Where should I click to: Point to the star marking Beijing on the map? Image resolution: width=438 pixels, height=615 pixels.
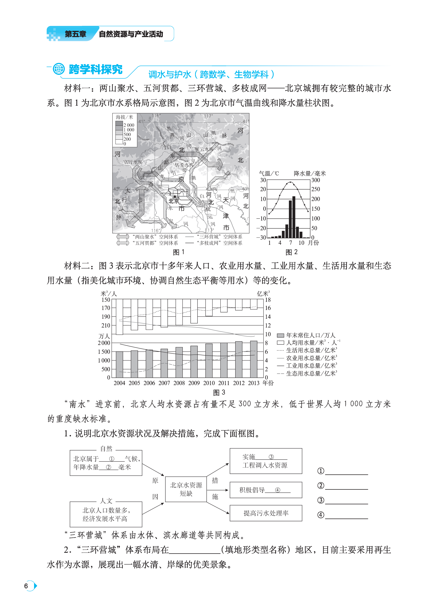[x=175, y=196]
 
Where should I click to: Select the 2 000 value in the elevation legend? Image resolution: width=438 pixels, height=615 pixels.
[x=129, y=125]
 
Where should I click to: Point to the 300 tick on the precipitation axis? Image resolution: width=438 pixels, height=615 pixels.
[x=316, y=180]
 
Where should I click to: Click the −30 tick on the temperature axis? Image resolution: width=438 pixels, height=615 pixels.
[x=261, y=238]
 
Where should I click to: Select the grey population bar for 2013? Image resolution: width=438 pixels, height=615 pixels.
[x=253, y=359]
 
